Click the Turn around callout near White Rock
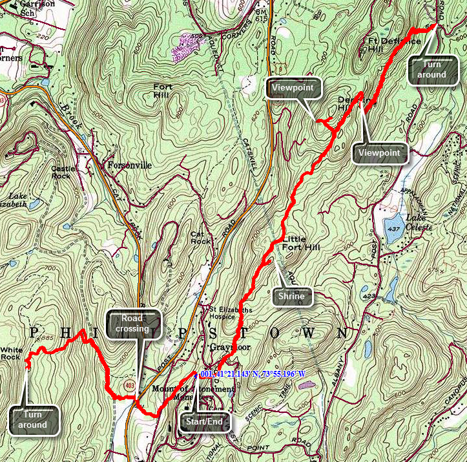click(x=32, y=420)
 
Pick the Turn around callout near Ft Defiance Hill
click(x=431, y=70)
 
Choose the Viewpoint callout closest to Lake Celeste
click(x=380, y=153)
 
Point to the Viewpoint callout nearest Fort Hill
click(x=293, y=87)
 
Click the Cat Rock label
click(x=201, y=238)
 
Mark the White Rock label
click(x=12, y=353)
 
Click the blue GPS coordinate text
click(x=253, y=374)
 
